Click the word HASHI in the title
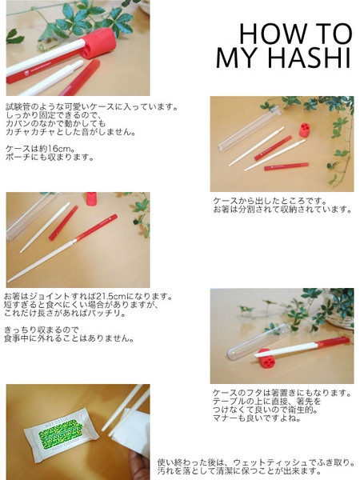[309, 58]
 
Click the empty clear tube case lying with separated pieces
[249, 128]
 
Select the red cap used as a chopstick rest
[266, 358]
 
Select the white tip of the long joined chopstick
[8, 281]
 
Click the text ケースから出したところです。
[270, 201]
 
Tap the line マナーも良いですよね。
[257, 418]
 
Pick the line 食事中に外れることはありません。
[69, 338]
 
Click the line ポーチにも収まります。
[50, 158]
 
